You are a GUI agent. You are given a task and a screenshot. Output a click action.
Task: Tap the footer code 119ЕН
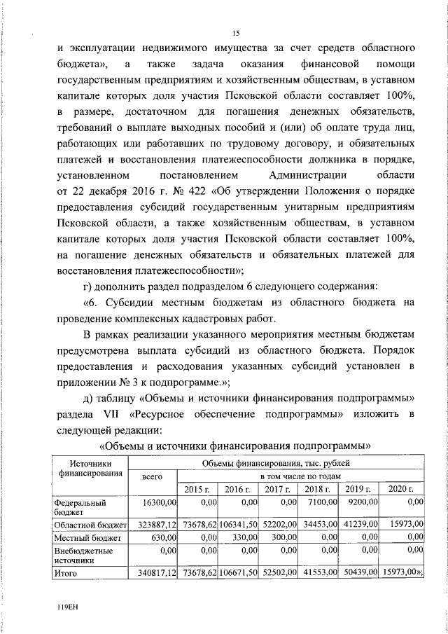click(67, 608)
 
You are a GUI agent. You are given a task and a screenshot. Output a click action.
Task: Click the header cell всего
click(153, 476)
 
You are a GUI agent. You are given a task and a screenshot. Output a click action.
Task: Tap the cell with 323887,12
click(153, 523)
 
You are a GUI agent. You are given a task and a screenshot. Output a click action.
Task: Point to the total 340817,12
click(153, 573)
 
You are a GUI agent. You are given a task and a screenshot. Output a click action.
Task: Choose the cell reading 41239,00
click(359, 523)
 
